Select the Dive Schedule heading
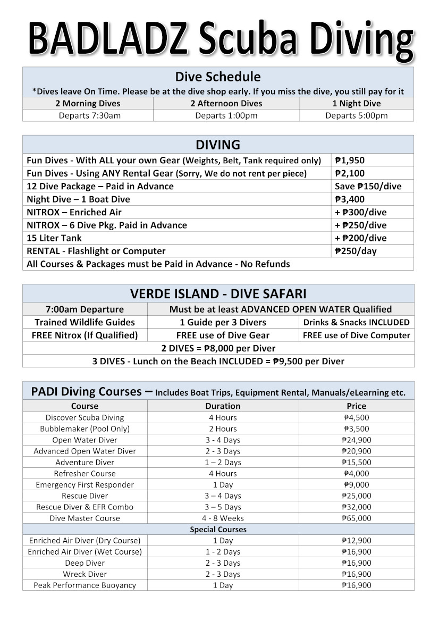[x=218, y=77]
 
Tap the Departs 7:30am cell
[x=90, y=115]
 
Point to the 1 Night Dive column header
[x=356, y=104]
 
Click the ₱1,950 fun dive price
[x=350, y=160]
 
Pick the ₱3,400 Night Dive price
[x=350, y=199]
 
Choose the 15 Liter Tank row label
[x=54, y=238]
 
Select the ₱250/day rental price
[x=355, y=251]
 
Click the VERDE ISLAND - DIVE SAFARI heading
[x=218, y=294]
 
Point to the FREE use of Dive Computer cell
[x=356, y=335]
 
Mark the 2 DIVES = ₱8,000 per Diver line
[x=218, y=348]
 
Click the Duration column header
[x=223, y=406]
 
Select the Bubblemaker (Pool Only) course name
[x=85, y=429]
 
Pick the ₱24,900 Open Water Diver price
[x=356, y=440]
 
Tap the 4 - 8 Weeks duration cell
[x=223, y=518]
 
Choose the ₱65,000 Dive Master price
[x=356, y=518]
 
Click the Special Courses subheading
[x=218, y=530]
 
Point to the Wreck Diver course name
[x=85, y=574]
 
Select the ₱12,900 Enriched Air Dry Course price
[x=356, y=540]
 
